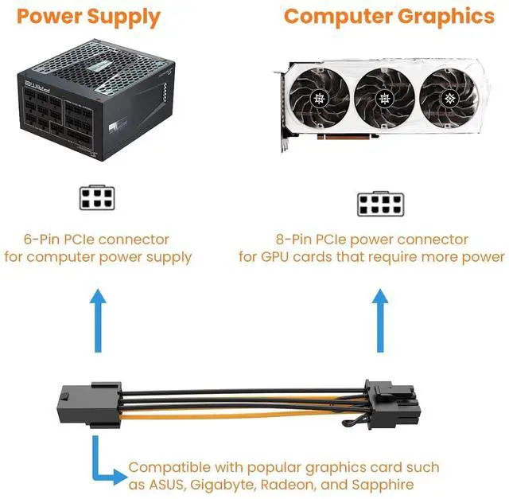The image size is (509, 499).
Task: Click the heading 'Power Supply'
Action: (88, 16)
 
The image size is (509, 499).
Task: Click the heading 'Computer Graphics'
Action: (389, 16)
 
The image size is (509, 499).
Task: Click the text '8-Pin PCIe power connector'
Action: (371, 239)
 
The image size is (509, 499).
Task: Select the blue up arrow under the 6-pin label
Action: (98, 318)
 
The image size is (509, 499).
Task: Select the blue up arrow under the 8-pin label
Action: (379, 318)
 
